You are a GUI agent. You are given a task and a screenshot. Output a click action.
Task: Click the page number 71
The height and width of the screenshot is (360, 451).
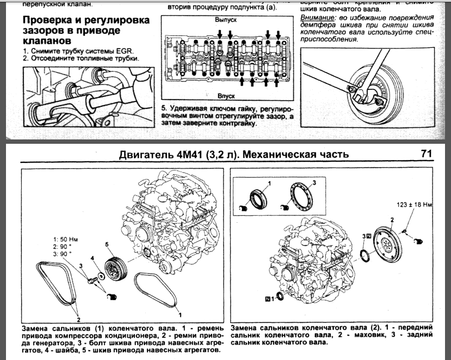pyautogui.click(x=426, y=154)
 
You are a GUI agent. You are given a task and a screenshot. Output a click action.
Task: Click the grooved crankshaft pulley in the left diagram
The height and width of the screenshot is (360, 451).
pyautogui.click(x=115, y=267)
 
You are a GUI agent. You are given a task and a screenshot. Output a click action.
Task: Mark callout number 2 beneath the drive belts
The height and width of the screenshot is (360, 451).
pyautogui.click(x=78, y=320)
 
